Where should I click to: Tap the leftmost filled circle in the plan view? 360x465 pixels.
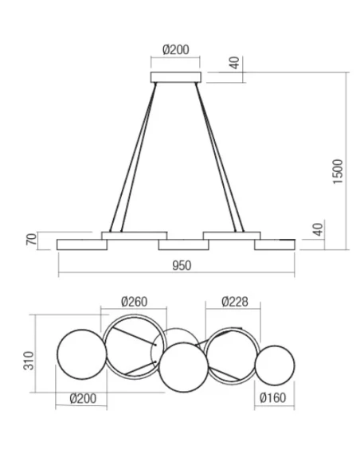(81, 354)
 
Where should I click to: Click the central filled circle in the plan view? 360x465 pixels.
(182, 366)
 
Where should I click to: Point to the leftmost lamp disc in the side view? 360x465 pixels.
(82, 244)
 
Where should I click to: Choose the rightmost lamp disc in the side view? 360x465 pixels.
(275, 244)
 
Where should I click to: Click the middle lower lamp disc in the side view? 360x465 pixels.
(183, 244)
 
